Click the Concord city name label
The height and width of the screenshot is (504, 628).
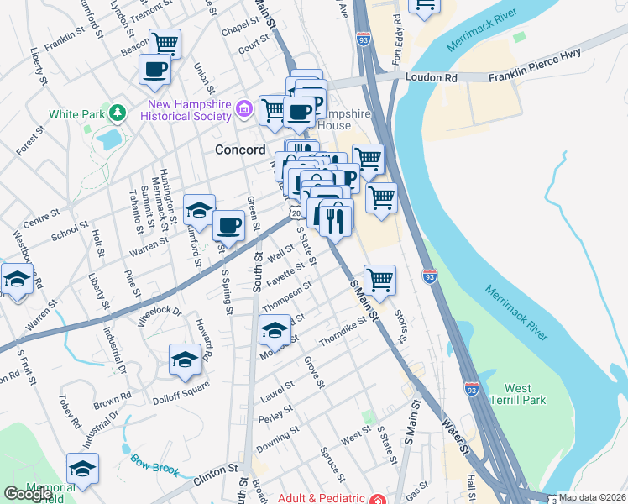coord(240,150)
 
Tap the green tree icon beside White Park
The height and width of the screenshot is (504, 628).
coord(118,113)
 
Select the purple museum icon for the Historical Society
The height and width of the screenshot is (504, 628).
coord(244,107)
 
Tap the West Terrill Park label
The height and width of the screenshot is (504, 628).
coord(516,395)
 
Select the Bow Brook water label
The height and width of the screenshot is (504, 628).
coord(154,465)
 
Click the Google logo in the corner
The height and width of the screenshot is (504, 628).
coord(28,494)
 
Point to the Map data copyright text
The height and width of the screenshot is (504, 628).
coord(593,497)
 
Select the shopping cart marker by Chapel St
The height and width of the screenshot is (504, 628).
coord(165,42)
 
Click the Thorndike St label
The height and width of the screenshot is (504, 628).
coord(343,332)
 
